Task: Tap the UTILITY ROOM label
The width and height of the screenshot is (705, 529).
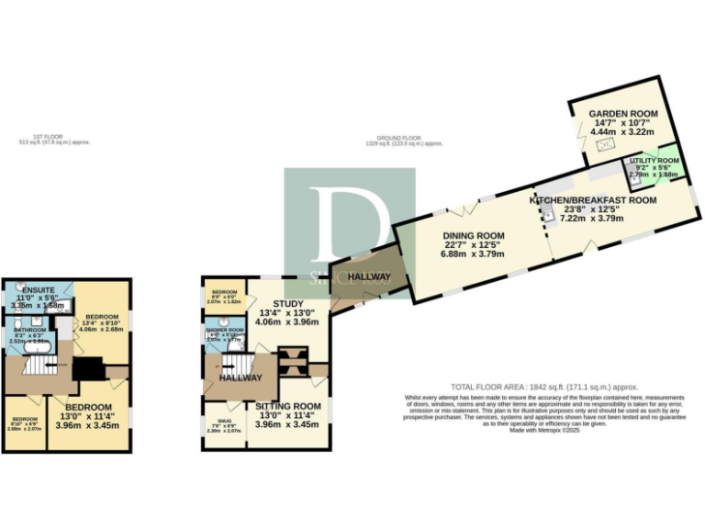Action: tap(653, 161)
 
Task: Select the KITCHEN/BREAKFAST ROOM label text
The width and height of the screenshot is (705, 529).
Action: tap(593, 199)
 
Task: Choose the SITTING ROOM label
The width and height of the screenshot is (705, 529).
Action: tap(287, 405)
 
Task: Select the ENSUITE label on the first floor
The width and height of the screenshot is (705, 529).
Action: tap(38, 289)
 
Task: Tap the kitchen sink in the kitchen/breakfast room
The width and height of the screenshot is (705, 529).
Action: tap(546, 216)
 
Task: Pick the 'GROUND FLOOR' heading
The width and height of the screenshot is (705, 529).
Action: tap(403, 140)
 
